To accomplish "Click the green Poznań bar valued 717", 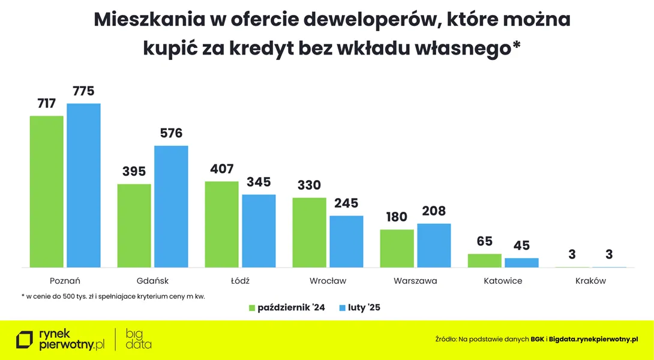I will pyautogui.click(x=46, y=191).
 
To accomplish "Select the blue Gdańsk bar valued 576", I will pyautogui.click(x=171, y=206).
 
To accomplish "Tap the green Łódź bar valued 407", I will pyautogui.click(x=222, y=224).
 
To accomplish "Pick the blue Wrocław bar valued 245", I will pyautogui.click(x=346, y=241).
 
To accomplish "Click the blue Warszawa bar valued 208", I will pyautogui.click(x=434, y=245).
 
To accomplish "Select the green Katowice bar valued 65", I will pyautogui.click(x=484, y=260).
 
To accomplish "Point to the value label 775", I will pyautogui.click(x=83, y=91).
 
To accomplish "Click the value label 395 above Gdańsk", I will pyautogui.click(x=134, y=172).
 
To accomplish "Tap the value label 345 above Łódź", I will pyautogui.click(x=259, y=182).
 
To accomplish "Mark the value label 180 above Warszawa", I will pyautogui.click(x=397, y=217).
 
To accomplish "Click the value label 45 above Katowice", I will pyautogui.click(x=521, y=245).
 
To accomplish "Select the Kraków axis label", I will pyautogui.click(x=590, y=281).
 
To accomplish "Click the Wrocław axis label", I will pyautogui.click(x=328, y=281).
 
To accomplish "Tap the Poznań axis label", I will pyautogui.click(x=65, y=281).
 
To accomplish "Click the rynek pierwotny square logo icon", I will pyautogui.click(x=25, y=340).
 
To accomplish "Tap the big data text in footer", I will pyautogui.click(x=139, y=340).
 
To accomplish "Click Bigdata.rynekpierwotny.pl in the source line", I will pyautogui.click(x=593, y=339).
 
